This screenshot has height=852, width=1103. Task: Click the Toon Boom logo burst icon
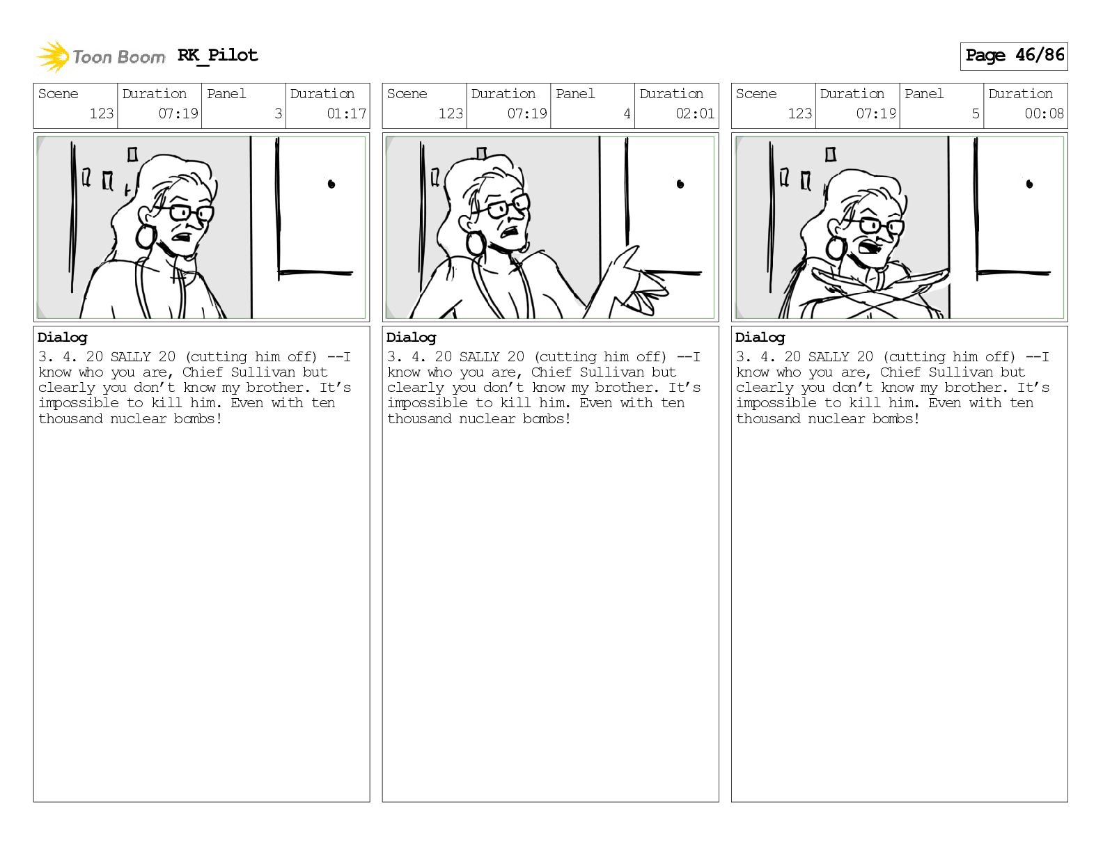click(x=53, y=56)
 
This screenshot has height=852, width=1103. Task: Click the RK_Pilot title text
click(x=218, y=55)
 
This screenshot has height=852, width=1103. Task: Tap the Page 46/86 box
click(x=1014, y=56)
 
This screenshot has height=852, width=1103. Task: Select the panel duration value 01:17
click(x=346, y=113)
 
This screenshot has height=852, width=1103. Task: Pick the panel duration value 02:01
click(x=695, y=113)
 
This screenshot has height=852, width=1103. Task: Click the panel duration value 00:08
click(x=1044, y=113)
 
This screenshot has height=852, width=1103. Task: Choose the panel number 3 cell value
click(x=278, y=113)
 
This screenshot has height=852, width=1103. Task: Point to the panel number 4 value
click(x=627, y=113)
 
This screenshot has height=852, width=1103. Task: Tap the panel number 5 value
click(x=976, y=113)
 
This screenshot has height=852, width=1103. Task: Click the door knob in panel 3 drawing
click(x=331, y=184)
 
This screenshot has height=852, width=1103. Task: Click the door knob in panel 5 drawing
click(x=1029, y=184)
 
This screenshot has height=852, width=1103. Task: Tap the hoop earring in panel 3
click(x=146, y=236)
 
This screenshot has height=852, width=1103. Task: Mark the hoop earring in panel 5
click(x=836, y=248)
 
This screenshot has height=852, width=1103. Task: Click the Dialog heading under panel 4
click(x=411, y=338)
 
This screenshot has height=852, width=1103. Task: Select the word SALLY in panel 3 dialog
click(x=130, y=356)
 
